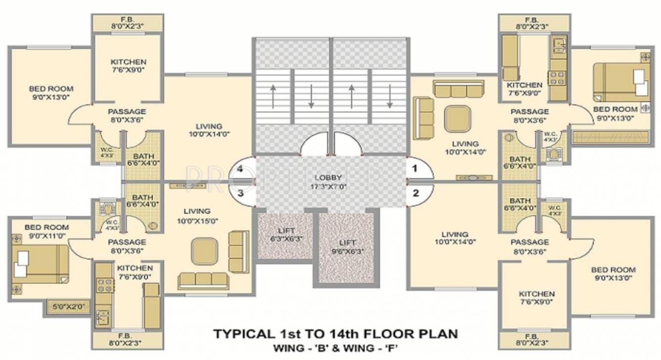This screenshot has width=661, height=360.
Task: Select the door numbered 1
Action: pyautogui.click(x=415, y=169)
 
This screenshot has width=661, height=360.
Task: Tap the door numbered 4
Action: pyautogui.click(x=240, y=169)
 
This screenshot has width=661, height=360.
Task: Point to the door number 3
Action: pyautogui.click(x=240, y=193)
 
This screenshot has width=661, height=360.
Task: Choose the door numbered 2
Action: pyautogui.click(x=416, y=193)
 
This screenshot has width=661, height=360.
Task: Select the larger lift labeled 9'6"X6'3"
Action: pyautogui.click(x=347, y=247)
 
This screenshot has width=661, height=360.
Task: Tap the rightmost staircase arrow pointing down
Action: pyautogui.click(x=390, y=97)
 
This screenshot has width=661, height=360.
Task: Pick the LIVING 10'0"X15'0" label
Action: pyautogui.click(x=196, y=216)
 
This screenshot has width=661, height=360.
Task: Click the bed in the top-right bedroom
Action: pyautogui.click(x=621, y=82)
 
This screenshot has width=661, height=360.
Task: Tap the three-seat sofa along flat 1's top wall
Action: pyautogui.click(x=457, y=90)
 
